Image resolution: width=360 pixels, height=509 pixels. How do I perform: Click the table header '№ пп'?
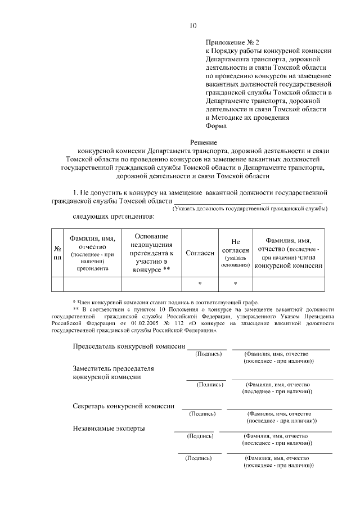point(57,253)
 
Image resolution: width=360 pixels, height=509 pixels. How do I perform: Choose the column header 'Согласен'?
point(200,253)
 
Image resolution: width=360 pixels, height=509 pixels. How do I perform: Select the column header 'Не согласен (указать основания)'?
point(235,253)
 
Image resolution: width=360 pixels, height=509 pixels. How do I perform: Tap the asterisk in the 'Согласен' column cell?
point(200,284)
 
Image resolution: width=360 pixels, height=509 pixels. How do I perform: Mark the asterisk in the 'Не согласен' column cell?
point(235,284)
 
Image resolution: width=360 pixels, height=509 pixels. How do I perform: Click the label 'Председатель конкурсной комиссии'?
point(129,346)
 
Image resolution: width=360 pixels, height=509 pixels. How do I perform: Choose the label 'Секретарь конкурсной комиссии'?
point(123,406)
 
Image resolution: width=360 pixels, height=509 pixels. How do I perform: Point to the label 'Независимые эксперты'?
point(109,428)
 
